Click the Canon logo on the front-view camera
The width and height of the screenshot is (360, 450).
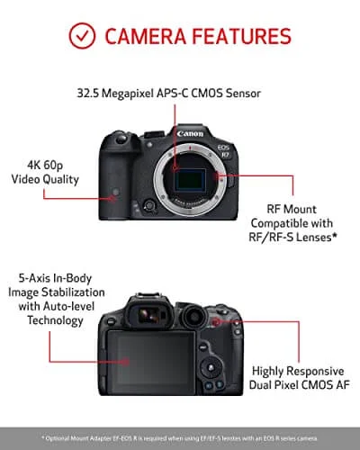pyautogui.click(x=190, y=132)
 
